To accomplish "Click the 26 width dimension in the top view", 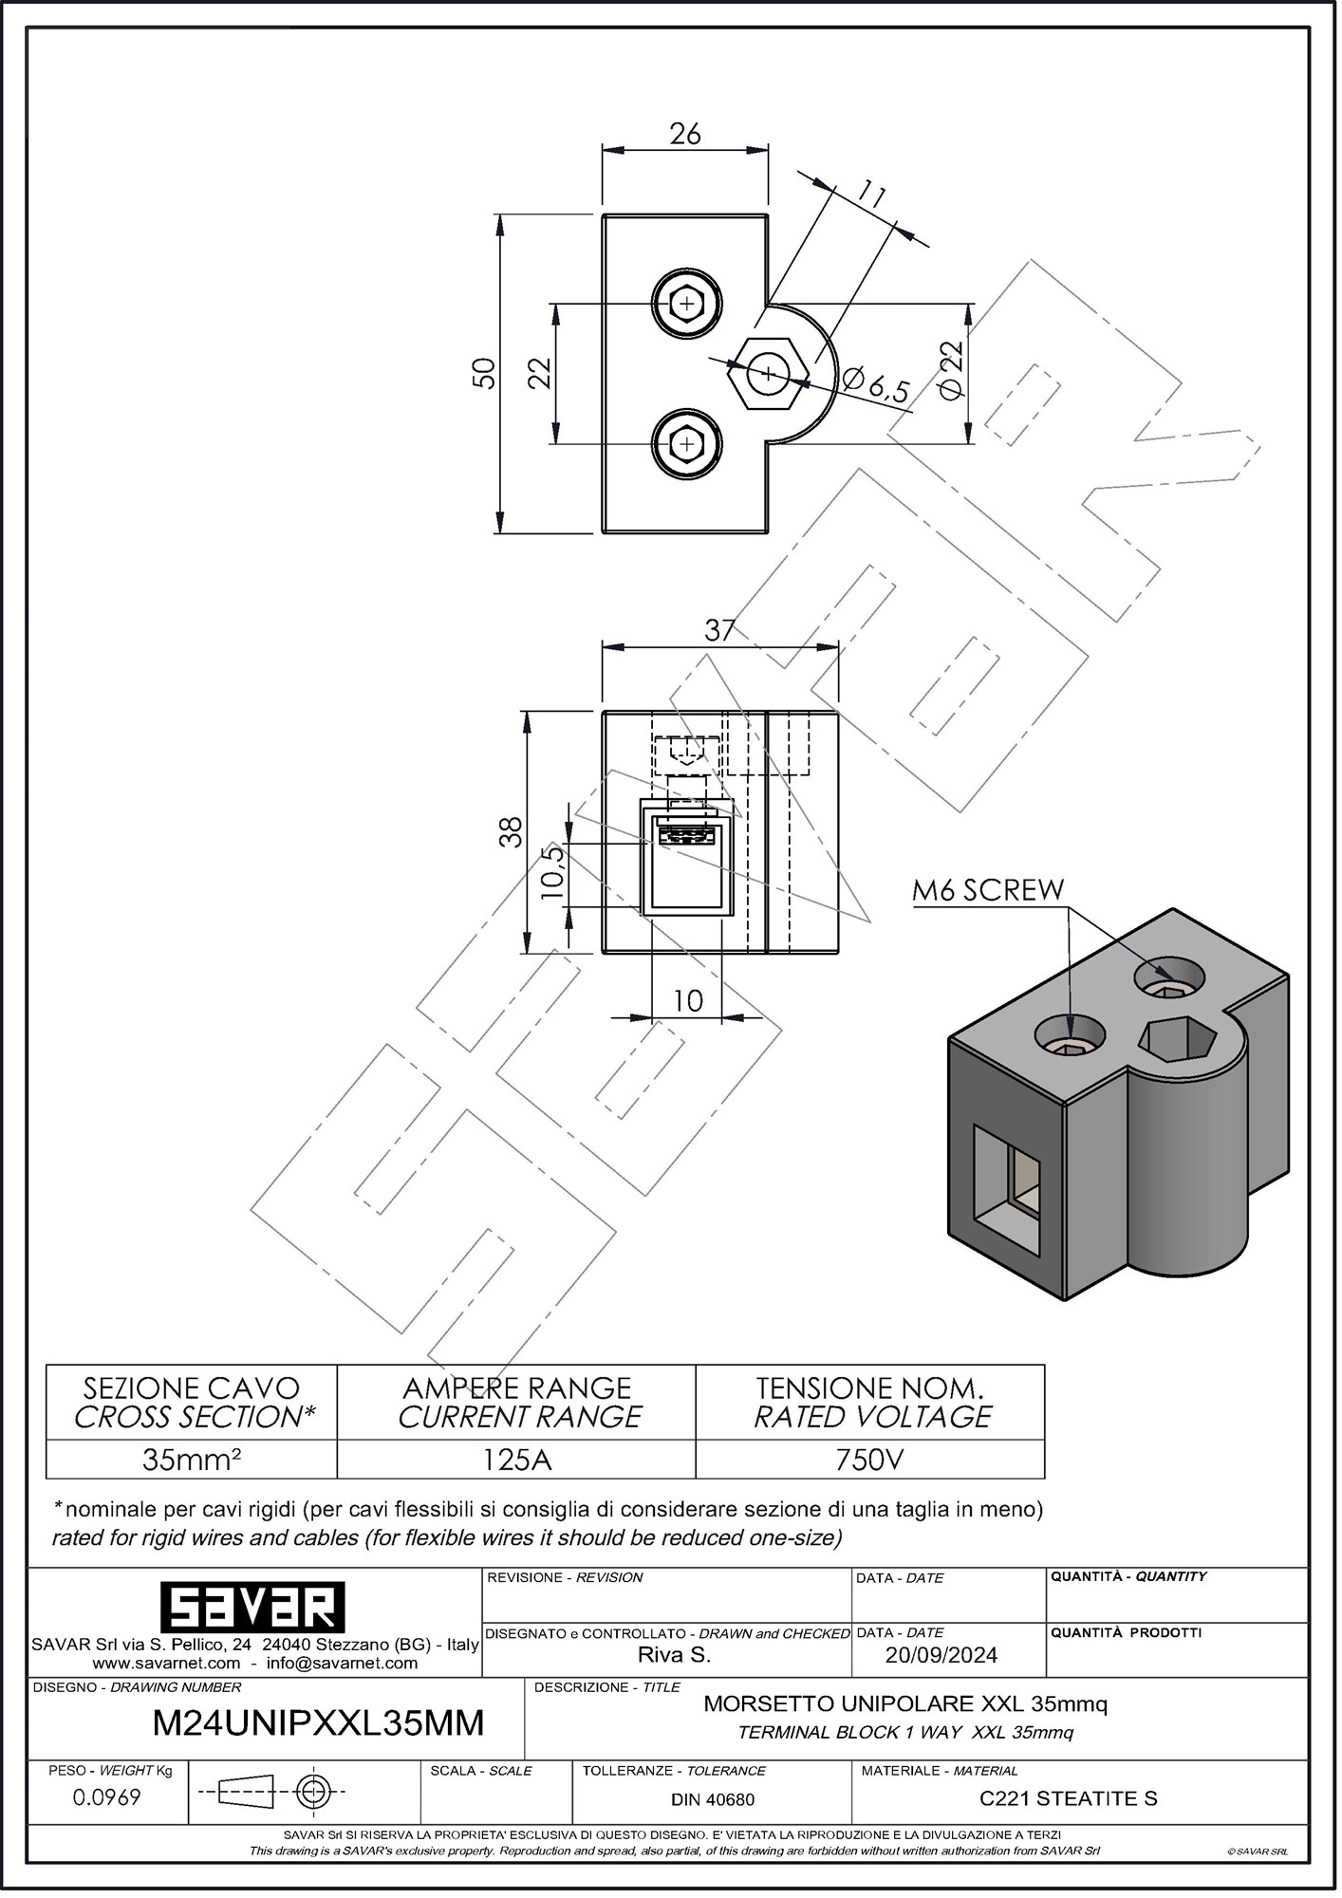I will tap(684, 134).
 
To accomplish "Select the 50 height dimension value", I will tap(484, 373).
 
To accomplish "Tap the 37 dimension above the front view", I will tap(720, 630).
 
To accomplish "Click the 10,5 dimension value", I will tap(553, 871).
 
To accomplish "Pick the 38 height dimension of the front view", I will tap(512, 831).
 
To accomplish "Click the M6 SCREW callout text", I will tap(988, 890).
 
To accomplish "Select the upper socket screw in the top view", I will tap(686, 304).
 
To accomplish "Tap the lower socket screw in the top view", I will tap(686, 443).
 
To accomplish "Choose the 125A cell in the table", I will tap(516, 1460).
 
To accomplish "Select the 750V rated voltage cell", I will tap(869, 1460).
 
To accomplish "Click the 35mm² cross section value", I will tap(192, 1460).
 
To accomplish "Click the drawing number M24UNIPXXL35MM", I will tap(318, 1722).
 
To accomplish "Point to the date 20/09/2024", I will tap(941, 1655).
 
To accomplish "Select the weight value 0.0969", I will tap(107, 1797).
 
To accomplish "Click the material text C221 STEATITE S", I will tap(1068, 1798).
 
